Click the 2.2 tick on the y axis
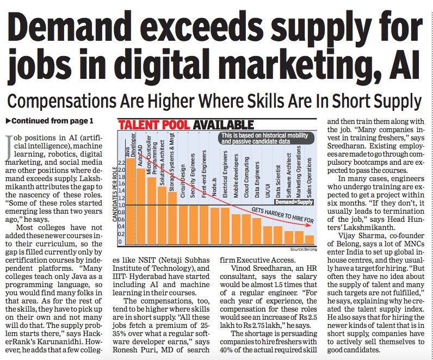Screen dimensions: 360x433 [x=121, y=163]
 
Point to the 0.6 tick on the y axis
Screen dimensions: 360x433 [x=121, y=223]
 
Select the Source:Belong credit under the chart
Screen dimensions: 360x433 [x=304, y=249]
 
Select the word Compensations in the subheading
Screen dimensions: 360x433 [x=62, y=101]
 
